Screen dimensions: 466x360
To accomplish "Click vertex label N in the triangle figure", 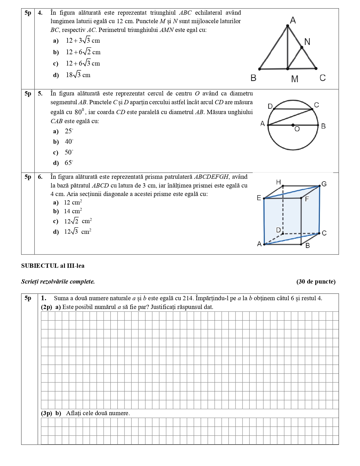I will [307, 42].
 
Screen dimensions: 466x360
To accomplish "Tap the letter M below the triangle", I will [294, 79].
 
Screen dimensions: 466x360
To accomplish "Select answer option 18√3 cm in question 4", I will [78, 75].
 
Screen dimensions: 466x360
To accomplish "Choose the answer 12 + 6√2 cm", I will [83, 52].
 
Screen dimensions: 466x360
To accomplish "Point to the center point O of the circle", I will [293, 125].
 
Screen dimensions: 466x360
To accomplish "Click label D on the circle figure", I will [270, 106].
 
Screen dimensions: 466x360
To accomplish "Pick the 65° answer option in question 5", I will [69, 163].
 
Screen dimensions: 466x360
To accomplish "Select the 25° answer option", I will [69, 131].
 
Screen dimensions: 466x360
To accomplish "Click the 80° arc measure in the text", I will [79, 112].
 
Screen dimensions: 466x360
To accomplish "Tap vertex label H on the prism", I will [278, 182].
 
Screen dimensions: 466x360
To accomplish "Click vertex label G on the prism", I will [324, 184].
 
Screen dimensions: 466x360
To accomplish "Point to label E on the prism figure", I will [259, 198].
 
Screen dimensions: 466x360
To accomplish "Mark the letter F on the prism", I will [307, 199].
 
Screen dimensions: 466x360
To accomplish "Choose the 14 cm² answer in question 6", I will [73, 211].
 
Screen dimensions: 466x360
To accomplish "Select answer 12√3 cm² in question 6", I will [78, 232].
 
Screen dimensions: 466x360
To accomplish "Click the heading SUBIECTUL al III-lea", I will [53, 266].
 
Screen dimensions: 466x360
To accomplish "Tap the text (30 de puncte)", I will [316, 282].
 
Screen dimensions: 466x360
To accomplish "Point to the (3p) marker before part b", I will [47, 413].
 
